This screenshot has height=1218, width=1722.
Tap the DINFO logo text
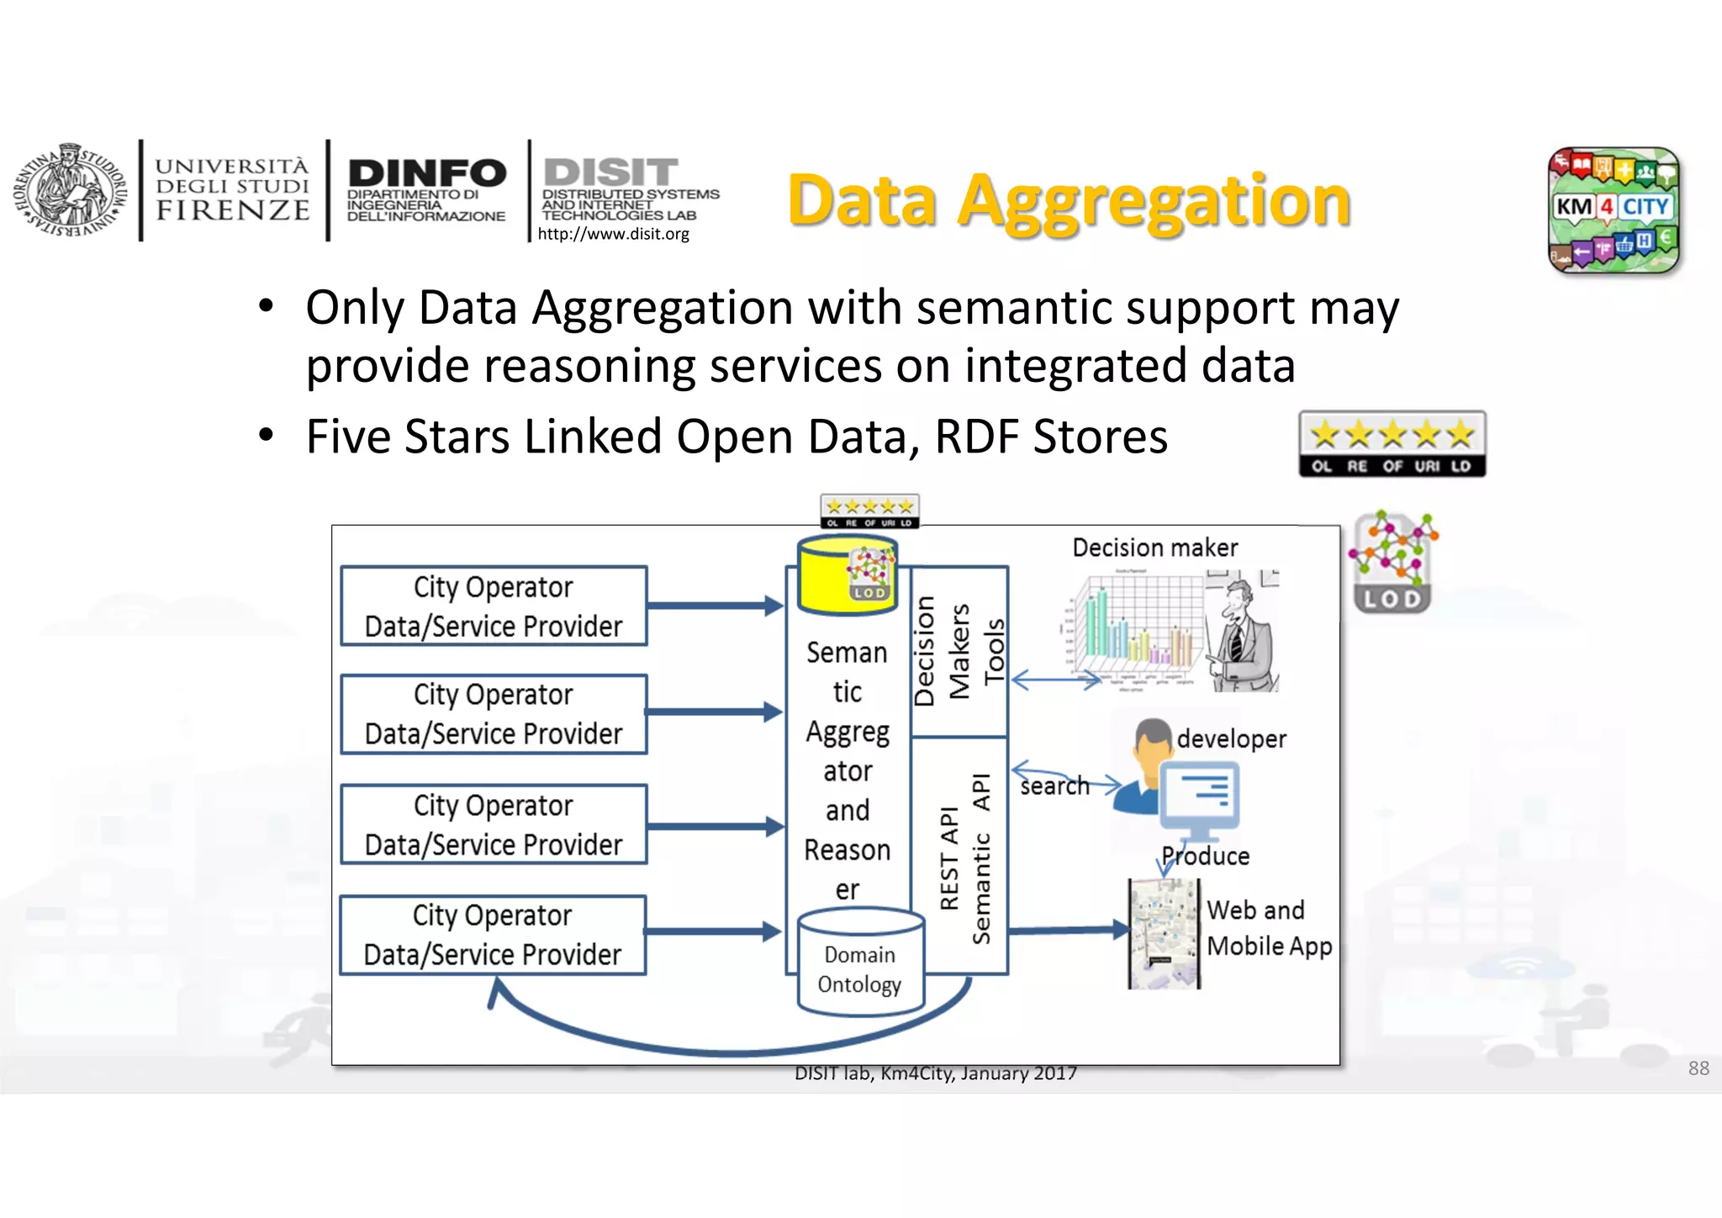[427, 173]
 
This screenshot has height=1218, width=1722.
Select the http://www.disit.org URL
[613, 234]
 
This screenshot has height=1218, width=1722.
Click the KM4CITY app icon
[1613, 210]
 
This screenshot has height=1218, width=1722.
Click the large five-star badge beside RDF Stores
[1392, 444]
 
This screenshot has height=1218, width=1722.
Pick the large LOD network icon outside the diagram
[1392, 562]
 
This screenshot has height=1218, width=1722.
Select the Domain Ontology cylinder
[859, 962]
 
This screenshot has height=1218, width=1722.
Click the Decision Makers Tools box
[959, 651]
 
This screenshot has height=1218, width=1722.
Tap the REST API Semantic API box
[959, 856]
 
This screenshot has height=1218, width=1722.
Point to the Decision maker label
[1154, 548]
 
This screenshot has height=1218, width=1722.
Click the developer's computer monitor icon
[1200, 797]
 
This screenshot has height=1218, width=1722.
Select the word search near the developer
[1054, 786]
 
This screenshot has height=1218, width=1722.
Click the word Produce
[1206, 856]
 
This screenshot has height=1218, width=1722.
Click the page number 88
[1698, 1068]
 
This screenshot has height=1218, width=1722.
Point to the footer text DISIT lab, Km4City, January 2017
[935, 1073]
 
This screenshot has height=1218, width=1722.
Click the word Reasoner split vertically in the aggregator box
[848, 869]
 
